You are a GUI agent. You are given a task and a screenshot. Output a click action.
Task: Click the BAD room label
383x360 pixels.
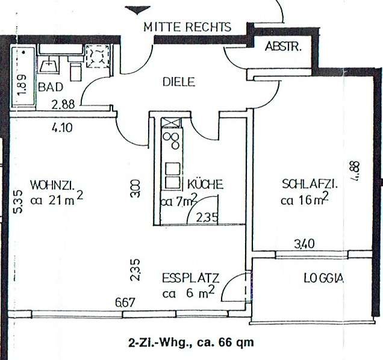(x=50, y=87)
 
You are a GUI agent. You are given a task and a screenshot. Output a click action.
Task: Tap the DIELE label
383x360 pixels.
(x=179, y=82)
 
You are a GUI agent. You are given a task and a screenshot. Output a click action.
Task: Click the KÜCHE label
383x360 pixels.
(x=205, y=184)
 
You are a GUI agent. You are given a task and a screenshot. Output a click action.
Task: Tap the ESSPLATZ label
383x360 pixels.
(x=190, y=278)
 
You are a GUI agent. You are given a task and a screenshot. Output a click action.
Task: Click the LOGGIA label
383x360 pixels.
(x=323, y=278)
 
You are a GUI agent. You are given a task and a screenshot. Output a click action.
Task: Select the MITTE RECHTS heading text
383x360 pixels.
(x=187, y=27)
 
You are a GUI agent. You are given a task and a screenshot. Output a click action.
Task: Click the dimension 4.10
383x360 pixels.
(x=63, y=128)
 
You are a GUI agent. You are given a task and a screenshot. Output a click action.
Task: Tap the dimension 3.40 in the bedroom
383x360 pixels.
(x=303, y=244)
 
